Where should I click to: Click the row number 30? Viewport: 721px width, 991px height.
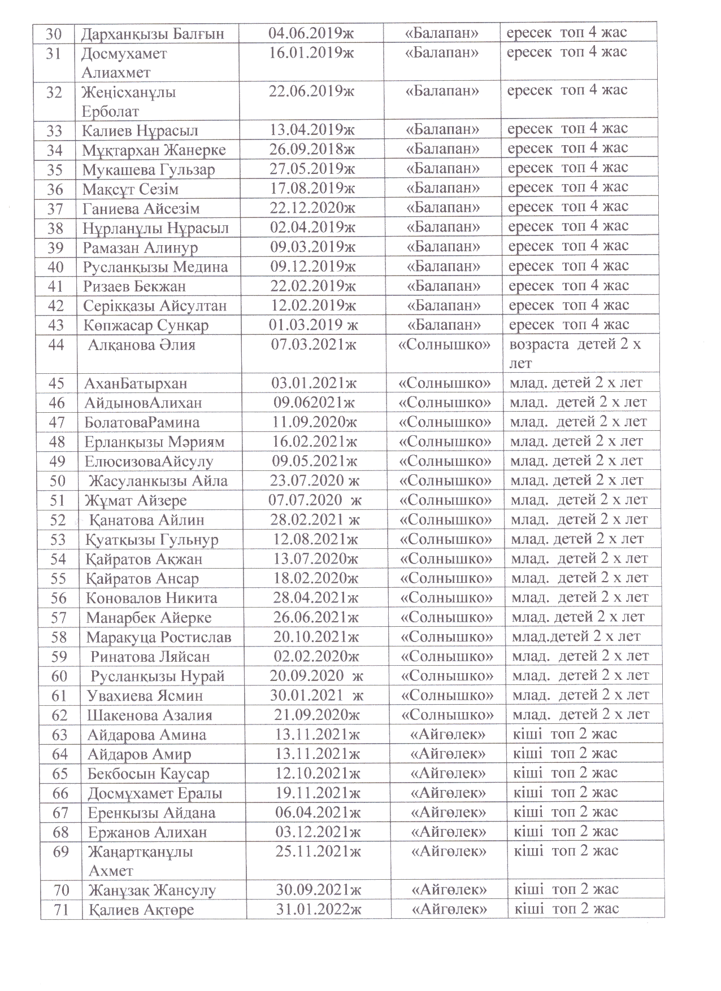click(x=54, y=33)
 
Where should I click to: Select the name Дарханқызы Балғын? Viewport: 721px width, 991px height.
click(x=153, y=34)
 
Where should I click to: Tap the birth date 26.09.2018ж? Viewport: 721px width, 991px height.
click(x=312, y=150)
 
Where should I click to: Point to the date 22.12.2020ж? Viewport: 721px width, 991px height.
click(x=312, y=208)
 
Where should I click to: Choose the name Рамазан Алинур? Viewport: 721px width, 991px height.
click(x=140, y=248)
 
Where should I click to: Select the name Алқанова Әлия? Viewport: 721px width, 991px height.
click(x=142, y=344)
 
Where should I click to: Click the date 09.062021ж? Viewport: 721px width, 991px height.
click(x=314, y=403)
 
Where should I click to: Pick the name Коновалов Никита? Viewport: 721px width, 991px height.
click(x=151, y=598)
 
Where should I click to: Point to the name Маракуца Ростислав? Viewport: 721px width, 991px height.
click(x=159, y=638)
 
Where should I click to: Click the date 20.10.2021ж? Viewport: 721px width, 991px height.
click(x=316, y=637)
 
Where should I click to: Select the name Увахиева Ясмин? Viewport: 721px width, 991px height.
click(x=145, y=696)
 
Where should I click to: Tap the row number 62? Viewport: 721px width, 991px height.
click(x=59, y=715)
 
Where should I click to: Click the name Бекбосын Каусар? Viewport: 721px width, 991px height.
click(x=149, y=774)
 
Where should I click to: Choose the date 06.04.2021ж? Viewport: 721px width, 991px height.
click(x=318, y=813)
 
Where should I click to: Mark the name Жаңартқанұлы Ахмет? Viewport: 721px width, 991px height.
click(x=141, y=861)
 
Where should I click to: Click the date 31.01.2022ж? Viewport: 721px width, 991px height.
click(x=318, y=910)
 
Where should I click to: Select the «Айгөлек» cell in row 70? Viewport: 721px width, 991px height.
click(x=449, y=890)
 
